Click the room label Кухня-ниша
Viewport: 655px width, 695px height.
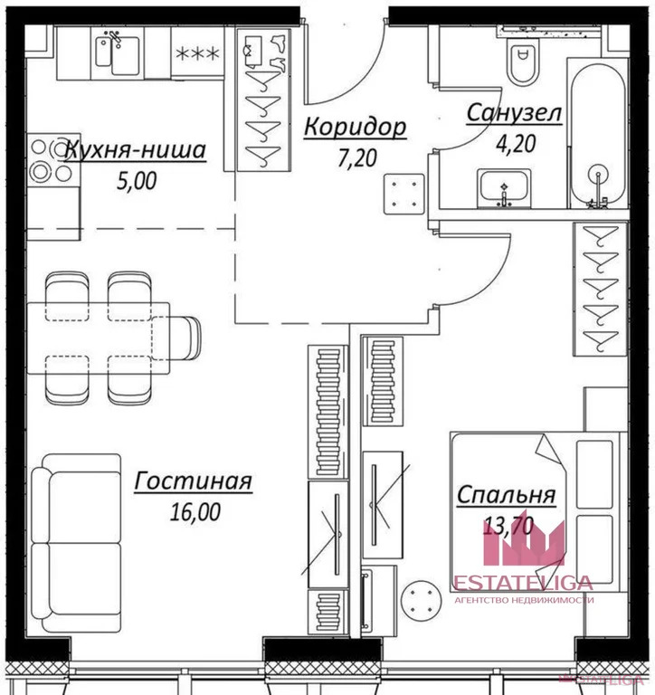coord(136,150)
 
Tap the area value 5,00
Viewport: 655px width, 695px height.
coord(137,181)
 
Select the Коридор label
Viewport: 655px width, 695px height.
coord(355,127)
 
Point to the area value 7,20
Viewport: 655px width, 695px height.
coord(357,158)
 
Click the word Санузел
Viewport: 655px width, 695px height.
coord(514,112)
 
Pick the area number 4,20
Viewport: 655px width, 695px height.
coord(517,144)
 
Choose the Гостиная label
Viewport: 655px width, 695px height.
coord(194,481)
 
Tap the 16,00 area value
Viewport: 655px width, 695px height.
coord(195,512)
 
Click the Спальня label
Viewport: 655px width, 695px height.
coord(506,495)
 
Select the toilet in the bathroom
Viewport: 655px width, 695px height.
coord(523,62)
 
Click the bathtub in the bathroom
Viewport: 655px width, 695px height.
coord(598,135)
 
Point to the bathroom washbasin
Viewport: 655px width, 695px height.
coord(504,188)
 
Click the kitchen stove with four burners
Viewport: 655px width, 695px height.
coord(53,159)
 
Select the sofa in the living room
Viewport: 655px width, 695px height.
coord(76,543)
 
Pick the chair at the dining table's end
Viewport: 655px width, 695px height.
coord(177,338)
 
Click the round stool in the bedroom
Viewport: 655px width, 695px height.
coord(421,602)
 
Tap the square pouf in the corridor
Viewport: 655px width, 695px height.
coord(404,195)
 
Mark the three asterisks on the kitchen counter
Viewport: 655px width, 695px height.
coord(197,54)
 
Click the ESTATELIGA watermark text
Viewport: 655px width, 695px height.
coord(524,583)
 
